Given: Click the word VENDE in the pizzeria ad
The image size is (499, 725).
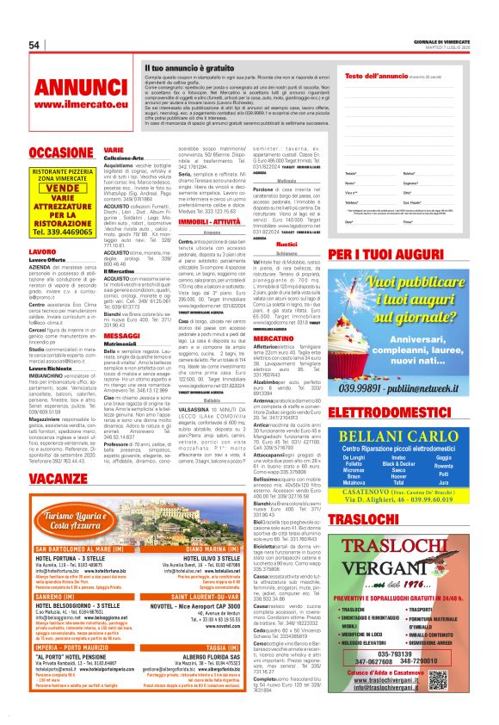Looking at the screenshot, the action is point(63,188).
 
